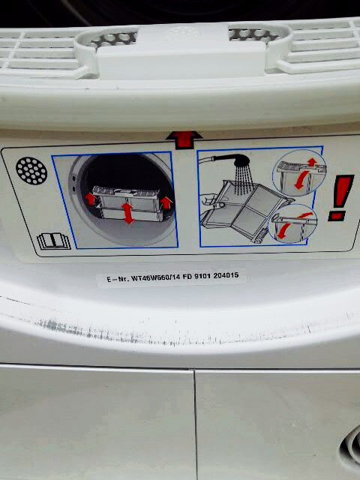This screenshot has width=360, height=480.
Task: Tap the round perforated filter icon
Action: click(x=32, y=171)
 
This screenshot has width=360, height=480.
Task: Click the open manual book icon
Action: click(x=49, y=242)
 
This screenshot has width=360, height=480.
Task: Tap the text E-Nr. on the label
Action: click(x=118, y=279)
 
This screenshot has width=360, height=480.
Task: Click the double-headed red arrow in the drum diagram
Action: click(x=128, y=214)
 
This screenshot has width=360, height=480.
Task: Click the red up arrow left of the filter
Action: click(x=89, y=198)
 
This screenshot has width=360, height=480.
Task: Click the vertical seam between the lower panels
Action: click(x=195, y=424)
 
